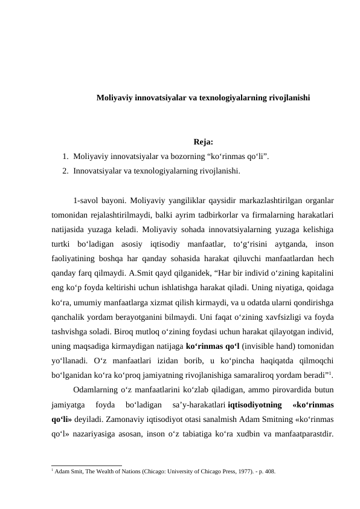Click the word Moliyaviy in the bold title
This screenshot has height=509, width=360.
115,96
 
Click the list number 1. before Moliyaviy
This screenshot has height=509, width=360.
65,157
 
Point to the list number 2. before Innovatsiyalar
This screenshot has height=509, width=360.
65,171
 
